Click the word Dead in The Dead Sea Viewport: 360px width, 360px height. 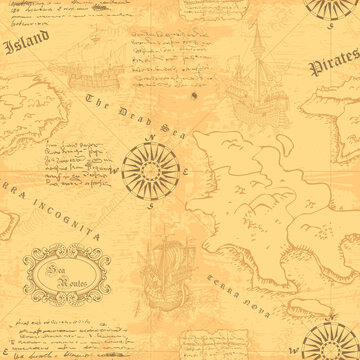(x=118, y=110)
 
